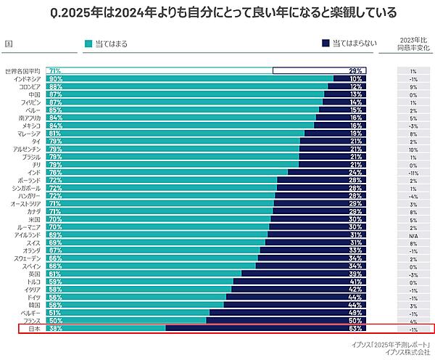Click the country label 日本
coord(35,328)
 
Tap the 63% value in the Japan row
coord(355,328)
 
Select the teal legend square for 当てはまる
coord(88,44)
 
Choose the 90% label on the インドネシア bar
coord(54,78)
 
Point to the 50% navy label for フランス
coord(355,320)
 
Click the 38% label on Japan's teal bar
coord(54,328)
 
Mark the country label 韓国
coord(35,305)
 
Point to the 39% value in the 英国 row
coord(355,274)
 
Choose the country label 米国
coord(35,219)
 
